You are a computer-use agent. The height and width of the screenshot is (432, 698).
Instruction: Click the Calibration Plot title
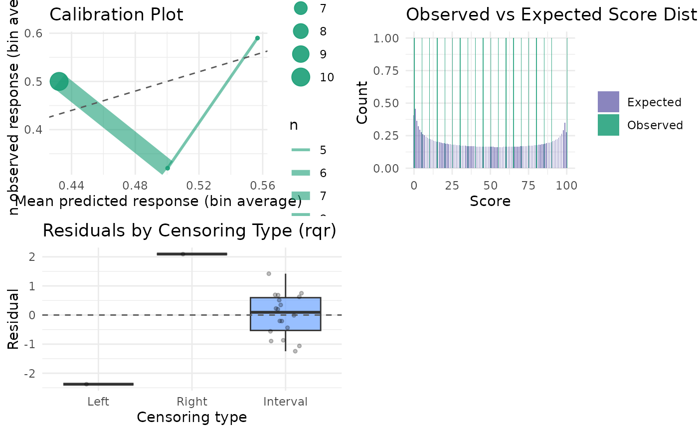[116, 14]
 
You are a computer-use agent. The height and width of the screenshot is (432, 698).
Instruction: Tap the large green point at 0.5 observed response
[59, 81]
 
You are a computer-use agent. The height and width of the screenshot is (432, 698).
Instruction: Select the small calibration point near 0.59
[257, 38]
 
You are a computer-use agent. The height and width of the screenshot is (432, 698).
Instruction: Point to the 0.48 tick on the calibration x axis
[135, 186]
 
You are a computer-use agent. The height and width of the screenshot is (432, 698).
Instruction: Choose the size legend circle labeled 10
[301, 77]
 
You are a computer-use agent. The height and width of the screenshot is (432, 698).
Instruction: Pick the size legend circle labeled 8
[301, 31]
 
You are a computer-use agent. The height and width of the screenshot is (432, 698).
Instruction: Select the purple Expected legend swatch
[608, 102]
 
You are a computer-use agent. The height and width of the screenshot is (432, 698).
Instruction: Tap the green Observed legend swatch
[608, 125]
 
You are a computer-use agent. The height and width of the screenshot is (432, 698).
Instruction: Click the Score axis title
[490, 201]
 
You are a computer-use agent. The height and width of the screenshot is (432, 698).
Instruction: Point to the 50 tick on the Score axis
[490, 186]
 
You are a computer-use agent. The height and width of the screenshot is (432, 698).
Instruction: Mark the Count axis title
[362, 102]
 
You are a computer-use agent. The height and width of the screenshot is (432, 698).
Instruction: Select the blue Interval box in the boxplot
[285, 314]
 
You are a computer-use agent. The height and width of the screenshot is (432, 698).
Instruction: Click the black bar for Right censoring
[192, 254]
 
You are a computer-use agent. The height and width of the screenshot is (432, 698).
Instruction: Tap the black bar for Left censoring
[98, 384]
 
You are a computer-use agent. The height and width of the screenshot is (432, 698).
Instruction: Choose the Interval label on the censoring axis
[285, 402]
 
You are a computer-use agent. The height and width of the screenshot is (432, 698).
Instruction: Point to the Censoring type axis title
[192, 417]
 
